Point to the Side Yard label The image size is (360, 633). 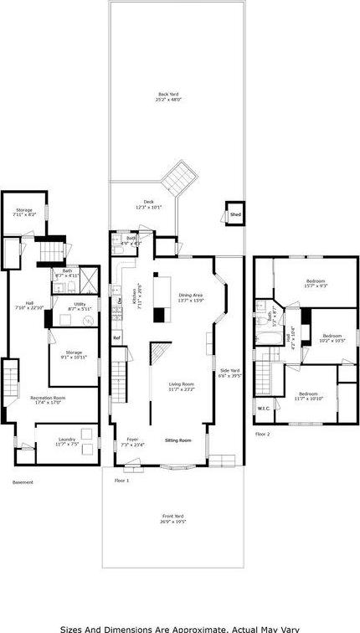point(229,373)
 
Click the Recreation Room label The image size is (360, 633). point(49,399)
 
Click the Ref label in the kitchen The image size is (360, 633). point(117,337)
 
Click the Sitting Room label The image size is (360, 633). point(177,440)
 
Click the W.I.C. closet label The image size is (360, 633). point(263,409)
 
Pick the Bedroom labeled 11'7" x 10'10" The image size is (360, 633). point(308,395)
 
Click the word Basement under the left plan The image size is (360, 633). point(23,482)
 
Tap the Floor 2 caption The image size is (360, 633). point(263,434)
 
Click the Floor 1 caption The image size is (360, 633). point(122,481)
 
